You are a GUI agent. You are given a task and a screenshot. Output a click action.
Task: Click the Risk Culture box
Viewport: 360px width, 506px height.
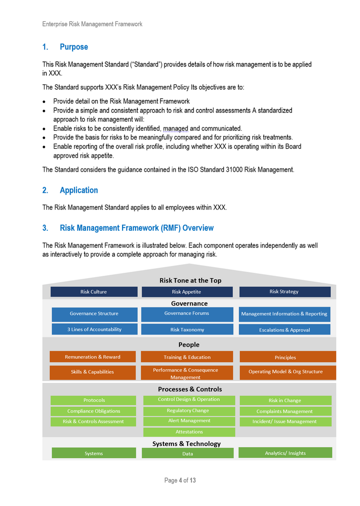coord(93,292)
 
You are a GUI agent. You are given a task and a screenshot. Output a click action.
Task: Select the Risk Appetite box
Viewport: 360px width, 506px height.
coord(186,292)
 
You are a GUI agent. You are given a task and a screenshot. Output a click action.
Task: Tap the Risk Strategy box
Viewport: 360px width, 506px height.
coord(284,292)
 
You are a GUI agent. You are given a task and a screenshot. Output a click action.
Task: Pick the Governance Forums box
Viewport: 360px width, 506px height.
coord(186,314)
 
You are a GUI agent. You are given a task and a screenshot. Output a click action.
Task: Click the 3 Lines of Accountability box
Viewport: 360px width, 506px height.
coord(94,329)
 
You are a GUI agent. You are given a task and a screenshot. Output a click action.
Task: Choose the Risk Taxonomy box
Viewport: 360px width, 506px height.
coord(187,330)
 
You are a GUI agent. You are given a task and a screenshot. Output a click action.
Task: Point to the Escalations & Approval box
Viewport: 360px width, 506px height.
coord(284,330)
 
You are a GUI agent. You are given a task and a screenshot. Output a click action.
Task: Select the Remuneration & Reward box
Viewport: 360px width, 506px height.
coord(92,357)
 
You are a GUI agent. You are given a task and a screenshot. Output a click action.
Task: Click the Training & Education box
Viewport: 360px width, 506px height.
coord(187,357)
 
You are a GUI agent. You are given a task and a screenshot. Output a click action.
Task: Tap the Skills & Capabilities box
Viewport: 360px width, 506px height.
coord(92,372)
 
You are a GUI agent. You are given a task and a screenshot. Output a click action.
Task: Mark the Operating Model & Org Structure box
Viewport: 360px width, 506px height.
coord(285,372)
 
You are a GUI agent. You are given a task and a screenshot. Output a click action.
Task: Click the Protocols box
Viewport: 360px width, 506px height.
coord(93,400)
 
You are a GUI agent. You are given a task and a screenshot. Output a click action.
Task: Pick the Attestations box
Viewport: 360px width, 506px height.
coord(189,432)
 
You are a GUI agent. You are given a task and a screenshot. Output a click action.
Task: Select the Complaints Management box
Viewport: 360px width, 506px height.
coord(284,411)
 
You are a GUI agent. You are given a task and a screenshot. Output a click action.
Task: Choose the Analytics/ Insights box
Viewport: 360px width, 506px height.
coord(285,453)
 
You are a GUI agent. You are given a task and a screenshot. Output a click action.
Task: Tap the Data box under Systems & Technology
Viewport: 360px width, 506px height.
coord(187,454)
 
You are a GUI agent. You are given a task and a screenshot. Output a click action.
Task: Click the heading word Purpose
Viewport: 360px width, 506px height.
coord(73,47)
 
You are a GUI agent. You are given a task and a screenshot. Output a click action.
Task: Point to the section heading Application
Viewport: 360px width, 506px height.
coord(78,190)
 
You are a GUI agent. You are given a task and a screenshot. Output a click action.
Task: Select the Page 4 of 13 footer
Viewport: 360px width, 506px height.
coord(180,481)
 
